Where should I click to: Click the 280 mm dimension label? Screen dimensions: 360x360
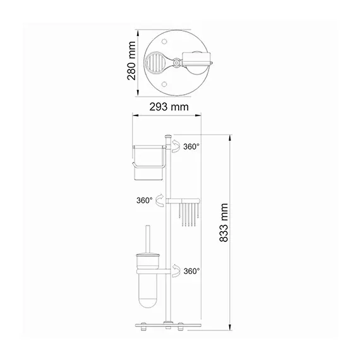tap(131, 61)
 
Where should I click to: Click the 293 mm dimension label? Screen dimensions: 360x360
tap(169, 107)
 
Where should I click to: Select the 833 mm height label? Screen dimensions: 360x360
tap(224, 222)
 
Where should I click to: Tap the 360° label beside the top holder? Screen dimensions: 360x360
tap(191, 147)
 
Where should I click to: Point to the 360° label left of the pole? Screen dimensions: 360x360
tap(145, 200)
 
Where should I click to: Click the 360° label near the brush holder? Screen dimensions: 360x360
tap(192, 271)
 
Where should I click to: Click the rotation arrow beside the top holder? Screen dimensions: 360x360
tap(176, 146)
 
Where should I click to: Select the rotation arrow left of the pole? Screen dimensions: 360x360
tap(160, 200)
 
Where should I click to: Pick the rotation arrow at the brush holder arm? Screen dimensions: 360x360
tap(176, 271)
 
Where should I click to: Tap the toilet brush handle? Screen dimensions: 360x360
tap(148, 239)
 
